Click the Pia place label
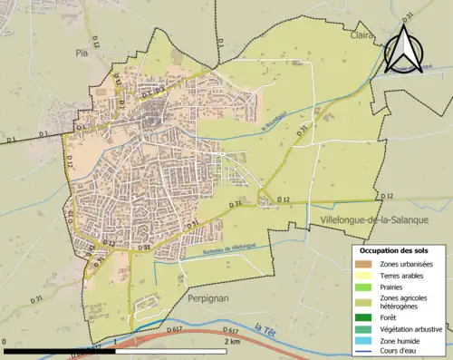[x=81, y=54]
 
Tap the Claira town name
[x=361, y=36]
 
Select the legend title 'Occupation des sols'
[x=394, y=249]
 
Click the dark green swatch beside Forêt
[x=366, y=316]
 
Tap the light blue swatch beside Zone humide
[x=366, y=340]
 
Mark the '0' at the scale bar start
[x=5, y=342]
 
